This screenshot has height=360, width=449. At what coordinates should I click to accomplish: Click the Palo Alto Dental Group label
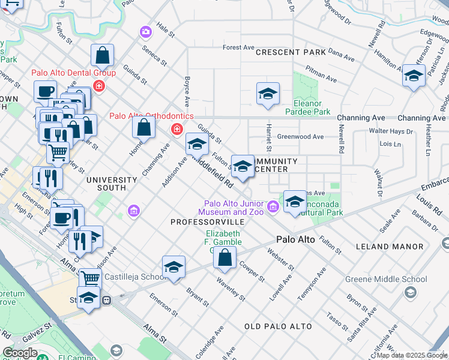pyautogui.click(x=73, y=73)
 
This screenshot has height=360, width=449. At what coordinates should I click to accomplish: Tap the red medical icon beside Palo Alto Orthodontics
pyautogui.click(x=177, y=129)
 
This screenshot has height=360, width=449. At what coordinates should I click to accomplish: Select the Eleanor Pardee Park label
pyautogui.click(x=311, y=107)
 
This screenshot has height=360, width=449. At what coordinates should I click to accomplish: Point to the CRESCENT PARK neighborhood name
pyautogui.click(x=291, y=52)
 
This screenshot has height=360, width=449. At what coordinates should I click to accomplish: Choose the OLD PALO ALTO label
pyautogui.click(x=278, y=326)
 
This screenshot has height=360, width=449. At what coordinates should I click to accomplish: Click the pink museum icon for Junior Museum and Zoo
pyautogui.click(x=273, y=207)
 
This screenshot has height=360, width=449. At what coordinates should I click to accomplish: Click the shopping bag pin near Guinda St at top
pyautogui.click(x=103, y=55)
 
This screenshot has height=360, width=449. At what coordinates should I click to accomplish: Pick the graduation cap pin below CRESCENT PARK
pyautogui.click(x=268, y=94)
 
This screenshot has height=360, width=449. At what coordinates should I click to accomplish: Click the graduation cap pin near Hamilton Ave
pyautogui.click(x=413, y=76)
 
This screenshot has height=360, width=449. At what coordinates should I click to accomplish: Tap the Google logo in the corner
pyautogui.click(x=20, y=353)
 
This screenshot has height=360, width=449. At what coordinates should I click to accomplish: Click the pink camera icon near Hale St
pyautogui.click(x=145, y=31)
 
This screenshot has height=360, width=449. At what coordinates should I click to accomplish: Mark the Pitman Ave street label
pyautogui.click(x=322, y=76)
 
